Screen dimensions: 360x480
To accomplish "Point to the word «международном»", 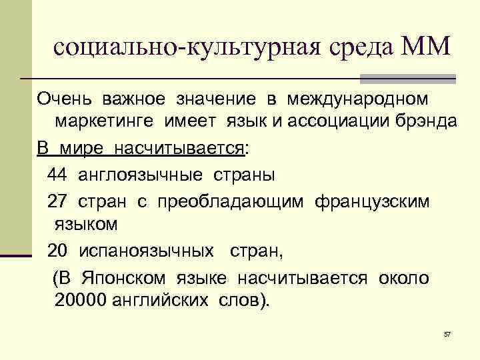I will [358, 99].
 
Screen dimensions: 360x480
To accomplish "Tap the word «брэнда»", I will [425, 123].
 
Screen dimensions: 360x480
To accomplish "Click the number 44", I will [57, 175].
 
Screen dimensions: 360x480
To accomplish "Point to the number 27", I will [57, 201].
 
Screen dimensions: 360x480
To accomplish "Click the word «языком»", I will [82, 224].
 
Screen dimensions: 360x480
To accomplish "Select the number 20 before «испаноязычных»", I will [58, 251].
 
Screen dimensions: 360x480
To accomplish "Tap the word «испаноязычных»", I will [146, 251].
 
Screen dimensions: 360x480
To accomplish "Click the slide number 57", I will [447, 333].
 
